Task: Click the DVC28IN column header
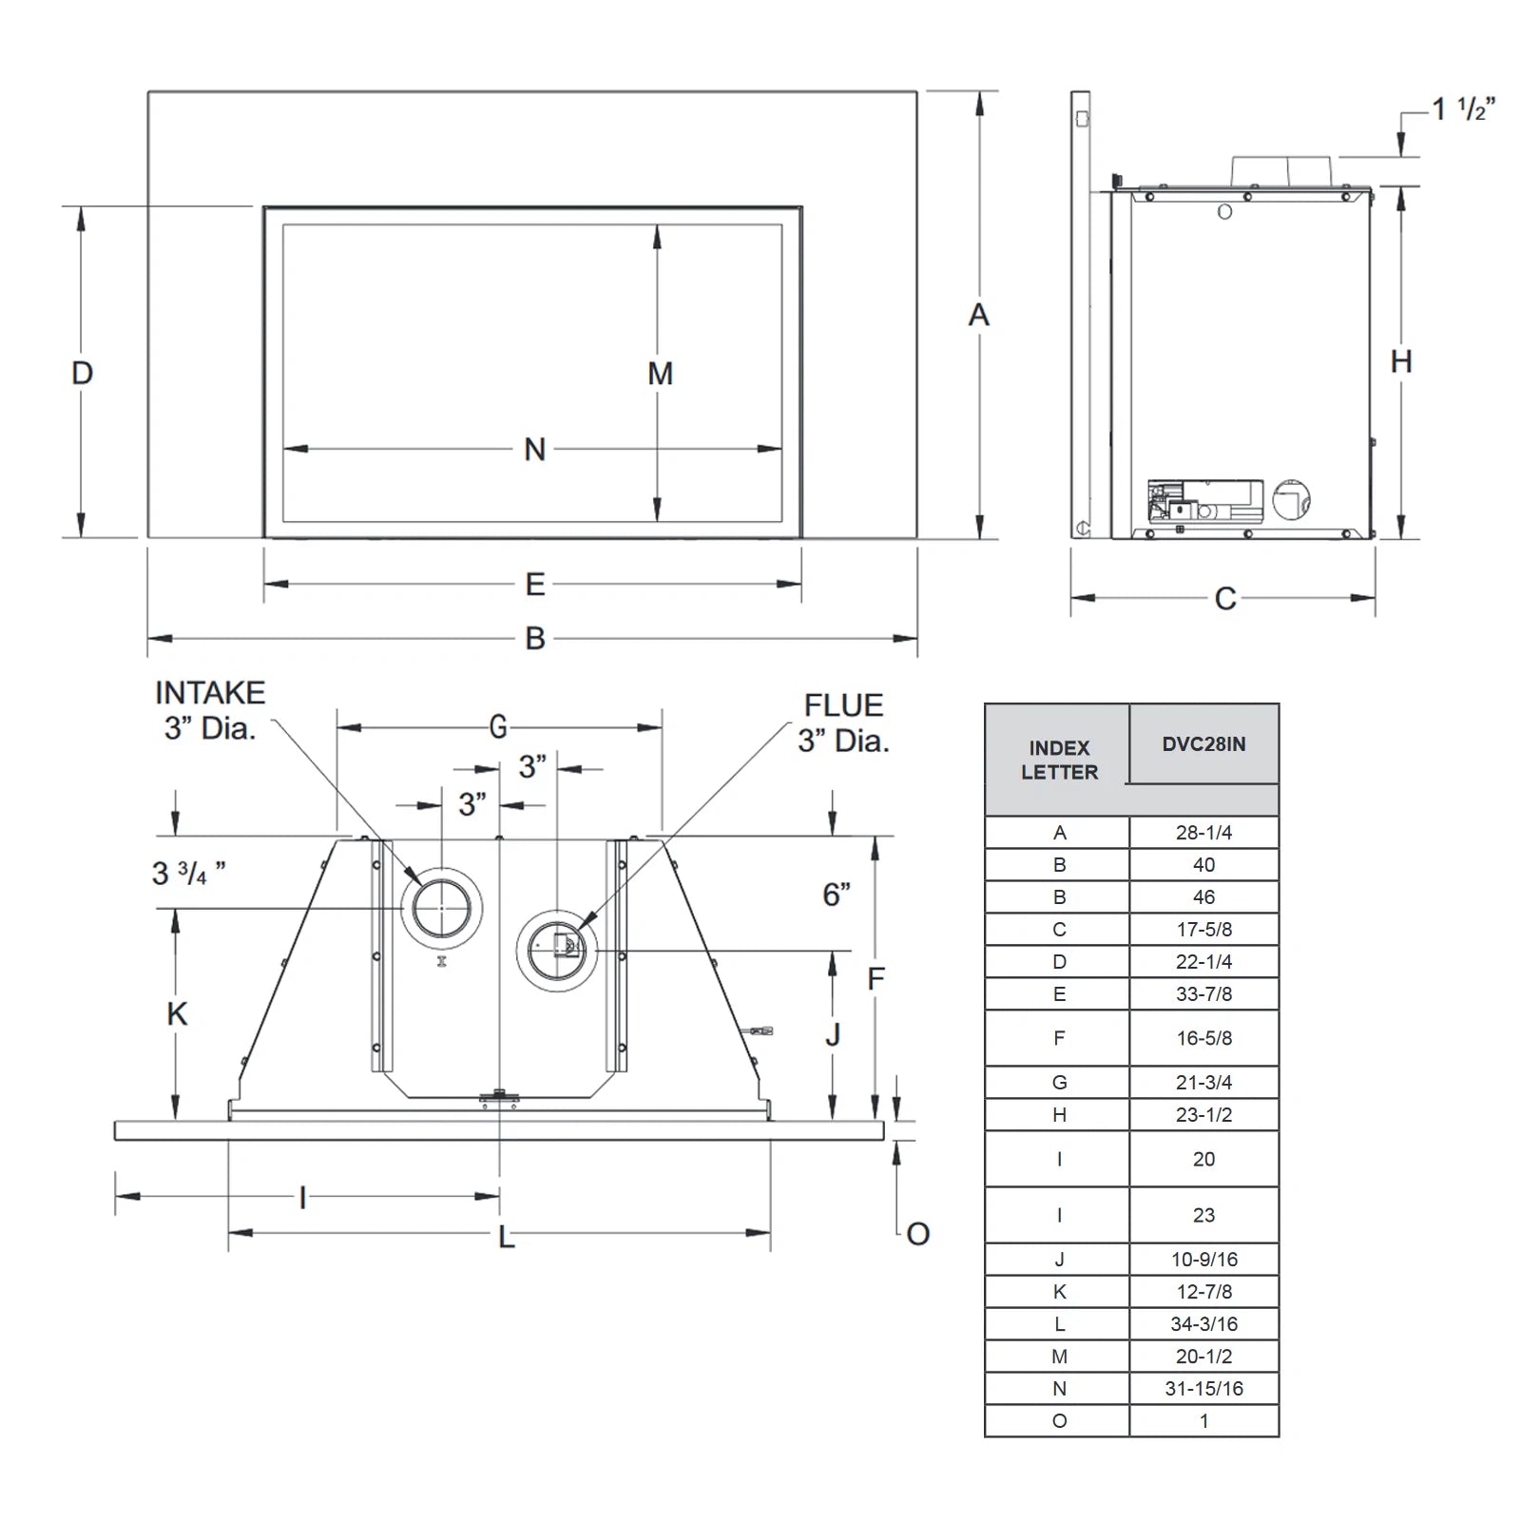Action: pos(1203,744)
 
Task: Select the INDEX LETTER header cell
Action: pos(1059,760)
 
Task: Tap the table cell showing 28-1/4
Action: pos(1203,833)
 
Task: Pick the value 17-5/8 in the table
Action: pos(1203,930)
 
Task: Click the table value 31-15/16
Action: pos(1203,1389)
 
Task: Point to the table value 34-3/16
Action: pos(1203,1324)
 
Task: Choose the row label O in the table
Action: pos(1059,1421)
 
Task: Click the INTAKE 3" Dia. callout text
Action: pos(210,710)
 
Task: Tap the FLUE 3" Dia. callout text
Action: pos(843,722)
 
